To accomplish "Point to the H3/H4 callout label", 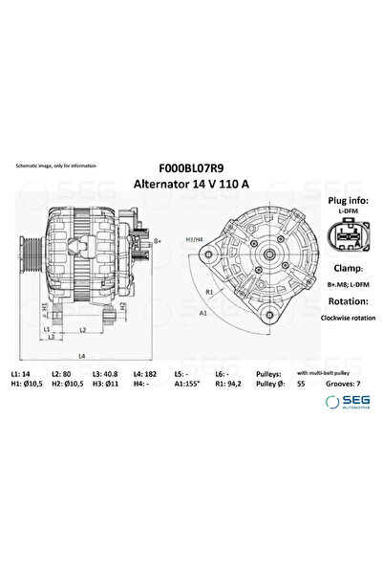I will (x=193, y=226).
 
